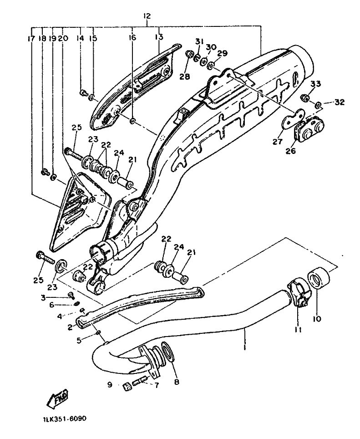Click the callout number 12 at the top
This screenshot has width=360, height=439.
[147, 16]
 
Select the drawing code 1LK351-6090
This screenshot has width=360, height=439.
[65, 419]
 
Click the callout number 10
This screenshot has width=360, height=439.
[317, 318]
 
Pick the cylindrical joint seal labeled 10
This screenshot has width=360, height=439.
[319, 278]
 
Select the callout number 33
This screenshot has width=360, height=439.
[315, 84]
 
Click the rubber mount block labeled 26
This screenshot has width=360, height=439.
[309, 128]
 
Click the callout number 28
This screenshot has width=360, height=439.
[185, 77]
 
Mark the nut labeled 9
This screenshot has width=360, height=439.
[127, 387]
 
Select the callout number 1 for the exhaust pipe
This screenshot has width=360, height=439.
[244, 347]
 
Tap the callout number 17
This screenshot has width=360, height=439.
[31, 38]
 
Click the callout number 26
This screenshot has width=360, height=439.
[291, 151]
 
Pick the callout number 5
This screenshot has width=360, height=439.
[79, 341]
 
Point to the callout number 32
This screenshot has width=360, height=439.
[340, 102]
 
